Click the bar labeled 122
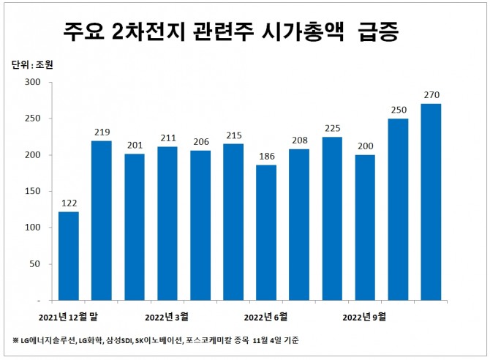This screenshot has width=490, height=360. click(68, 256)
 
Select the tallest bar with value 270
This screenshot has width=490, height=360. click(431, 202)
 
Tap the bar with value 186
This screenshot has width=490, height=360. click(266, 233)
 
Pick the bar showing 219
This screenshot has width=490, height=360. click(101, 220)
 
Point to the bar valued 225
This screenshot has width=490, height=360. click(332, 219)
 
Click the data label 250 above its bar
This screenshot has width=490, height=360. click(398, 110)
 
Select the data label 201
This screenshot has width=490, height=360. click(134, 145)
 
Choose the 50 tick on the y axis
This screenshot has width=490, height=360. click(34, 264)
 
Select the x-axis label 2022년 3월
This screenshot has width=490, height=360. click(167, 317)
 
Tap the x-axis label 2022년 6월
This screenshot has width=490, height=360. click(265, 317)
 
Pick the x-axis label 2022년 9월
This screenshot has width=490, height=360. click(364, 317)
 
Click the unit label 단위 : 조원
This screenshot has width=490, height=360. click(34, 64)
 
